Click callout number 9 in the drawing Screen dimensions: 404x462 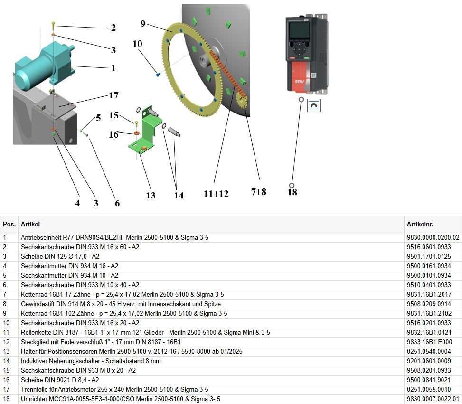pyautogui.click(x=143, y=24)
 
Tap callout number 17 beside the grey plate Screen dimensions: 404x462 pyautogui.click(x=113, y=95)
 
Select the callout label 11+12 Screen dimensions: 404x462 pyautogui.click(x=216, y=194)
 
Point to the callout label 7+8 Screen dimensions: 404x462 pyautogui.click(x=258, y=192)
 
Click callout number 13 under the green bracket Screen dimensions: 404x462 pyautogui.click(x=151, y=196)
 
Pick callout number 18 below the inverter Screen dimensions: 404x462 pyautogui.click(x=292, y=192)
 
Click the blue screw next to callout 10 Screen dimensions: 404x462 pyautogui.click(x=158, y=74)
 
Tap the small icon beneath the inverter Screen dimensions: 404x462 pyautogui.click(x=314, y=105)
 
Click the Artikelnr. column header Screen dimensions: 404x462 pyautogui.click(x=420, y=224)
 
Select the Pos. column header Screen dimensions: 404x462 pyautogui.click(x=9, y=224)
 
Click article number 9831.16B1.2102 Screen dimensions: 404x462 pyautogui.click(x=429, y=313)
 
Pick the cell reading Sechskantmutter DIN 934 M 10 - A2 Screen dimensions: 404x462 pyautogui.click(x=69, y=275)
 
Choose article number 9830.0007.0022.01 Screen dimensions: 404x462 pyautogui.click(x=433, y=399)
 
